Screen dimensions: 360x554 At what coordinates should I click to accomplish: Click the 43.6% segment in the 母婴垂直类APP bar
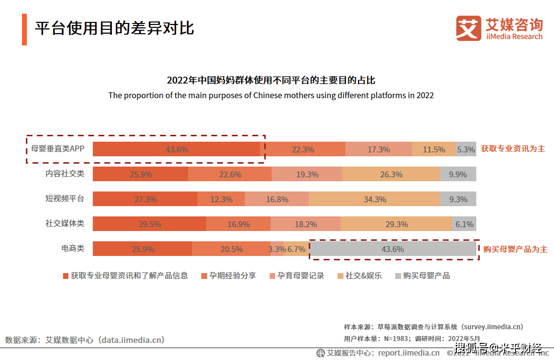[176, 149]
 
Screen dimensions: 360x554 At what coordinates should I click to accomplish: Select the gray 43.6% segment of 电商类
[393, 249]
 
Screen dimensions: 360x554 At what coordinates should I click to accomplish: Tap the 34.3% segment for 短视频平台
[375, 199]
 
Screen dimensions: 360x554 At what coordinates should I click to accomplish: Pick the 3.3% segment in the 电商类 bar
[277, 249]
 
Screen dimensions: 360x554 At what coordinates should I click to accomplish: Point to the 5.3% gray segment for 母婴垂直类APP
[466, 149]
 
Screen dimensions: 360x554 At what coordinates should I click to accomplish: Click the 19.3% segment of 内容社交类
[307, 174]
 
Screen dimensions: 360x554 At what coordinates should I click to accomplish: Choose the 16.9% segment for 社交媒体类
[238, 224]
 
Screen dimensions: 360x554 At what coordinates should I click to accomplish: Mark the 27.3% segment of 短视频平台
[145, 199]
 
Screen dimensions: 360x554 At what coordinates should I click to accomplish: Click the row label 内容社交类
[64, 173]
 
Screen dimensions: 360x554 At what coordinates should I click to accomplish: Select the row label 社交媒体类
[64, 223]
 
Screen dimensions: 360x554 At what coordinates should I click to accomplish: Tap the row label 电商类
[72, 248]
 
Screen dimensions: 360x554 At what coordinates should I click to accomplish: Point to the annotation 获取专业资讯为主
[512, 148]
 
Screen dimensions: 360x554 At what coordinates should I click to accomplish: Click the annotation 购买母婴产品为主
[515, 249]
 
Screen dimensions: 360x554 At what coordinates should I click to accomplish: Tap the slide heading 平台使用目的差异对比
[114, 28]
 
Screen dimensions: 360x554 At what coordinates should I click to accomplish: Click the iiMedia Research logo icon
[469, 28]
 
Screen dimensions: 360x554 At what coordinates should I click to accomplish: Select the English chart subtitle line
[271, 95]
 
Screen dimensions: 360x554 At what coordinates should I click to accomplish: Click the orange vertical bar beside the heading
[24, 29]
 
